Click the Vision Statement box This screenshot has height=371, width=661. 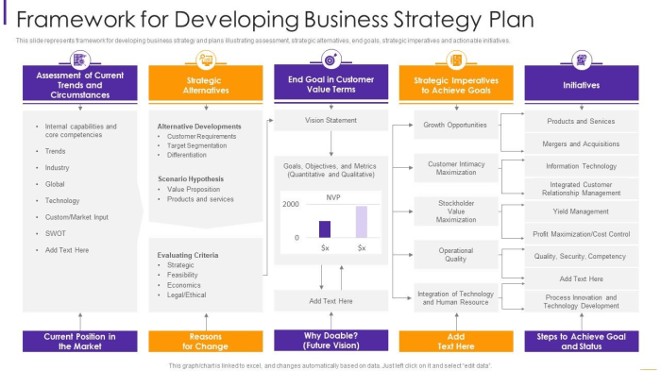click(x=330, y=121)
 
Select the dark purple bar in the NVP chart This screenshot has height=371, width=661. click(x=325, y=228)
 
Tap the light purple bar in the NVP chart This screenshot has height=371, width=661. click(x=361, y=221)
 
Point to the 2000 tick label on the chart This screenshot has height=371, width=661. click(x=290, y=205)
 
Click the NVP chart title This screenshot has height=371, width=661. click(x=333, y=197)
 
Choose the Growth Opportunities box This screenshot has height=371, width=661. click(x=455, y=125)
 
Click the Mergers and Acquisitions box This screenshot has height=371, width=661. click(x=581, y=144)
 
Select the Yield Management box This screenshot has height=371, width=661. click(x=581, y=211)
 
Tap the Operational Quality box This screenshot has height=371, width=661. click(x=455, y=254)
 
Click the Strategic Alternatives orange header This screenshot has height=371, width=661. click(x=205, y=85)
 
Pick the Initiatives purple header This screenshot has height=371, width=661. click(x=581, y=84)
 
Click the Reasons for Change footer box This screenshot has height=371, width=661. click(x=205, y=341)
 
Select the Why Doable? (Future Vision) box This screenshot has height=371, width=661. click(x=330, y=341)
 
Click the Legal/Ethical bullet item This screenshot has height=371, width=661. click(x=186, y=295)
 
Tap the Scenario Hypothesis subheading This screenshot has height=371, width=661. click(x=191, y=178)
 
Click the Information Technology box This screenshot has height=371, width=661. click(x=581, y=167)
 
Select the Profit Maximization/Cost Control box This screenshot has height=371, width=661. click(x=581, y=234)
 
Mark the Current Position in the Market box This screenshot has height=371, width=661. click(x=79, y=341)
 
